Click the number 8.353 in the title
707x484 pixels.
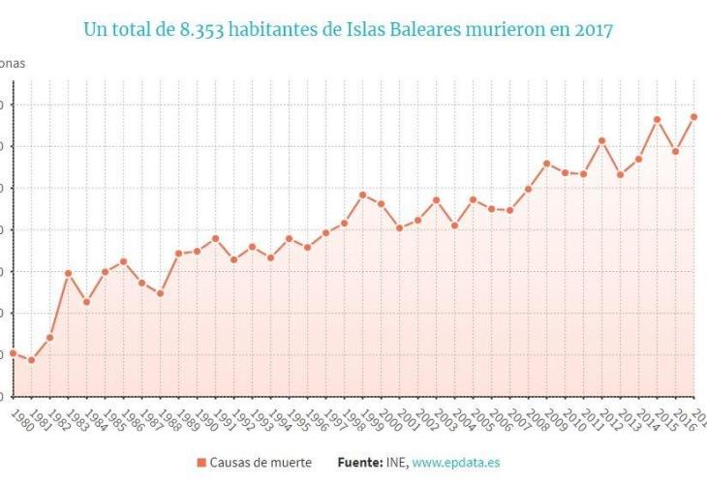point(203,30)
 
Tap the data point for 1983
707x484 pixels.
point(68,273)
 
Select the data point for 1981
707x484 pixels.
point(31,360)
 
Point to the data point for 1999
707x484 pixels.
point(362,195)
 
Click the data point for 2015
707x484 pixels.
point(657,119)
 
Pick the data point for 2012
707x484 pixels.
point(601,140)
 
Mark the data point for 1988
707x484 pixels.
point(160,293)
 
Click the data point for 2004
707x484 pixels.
point(454,226)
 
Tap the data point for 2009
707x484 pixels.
point(546,164)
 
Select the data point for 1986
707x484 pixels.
point(123,260)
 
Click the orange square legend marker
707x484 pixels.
point(201,463)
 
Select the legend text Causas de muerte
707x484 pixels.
point(261,463)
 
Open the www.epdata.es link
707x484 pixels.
point(455,463)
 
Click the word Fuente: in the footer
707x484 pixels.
point(359,463)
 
